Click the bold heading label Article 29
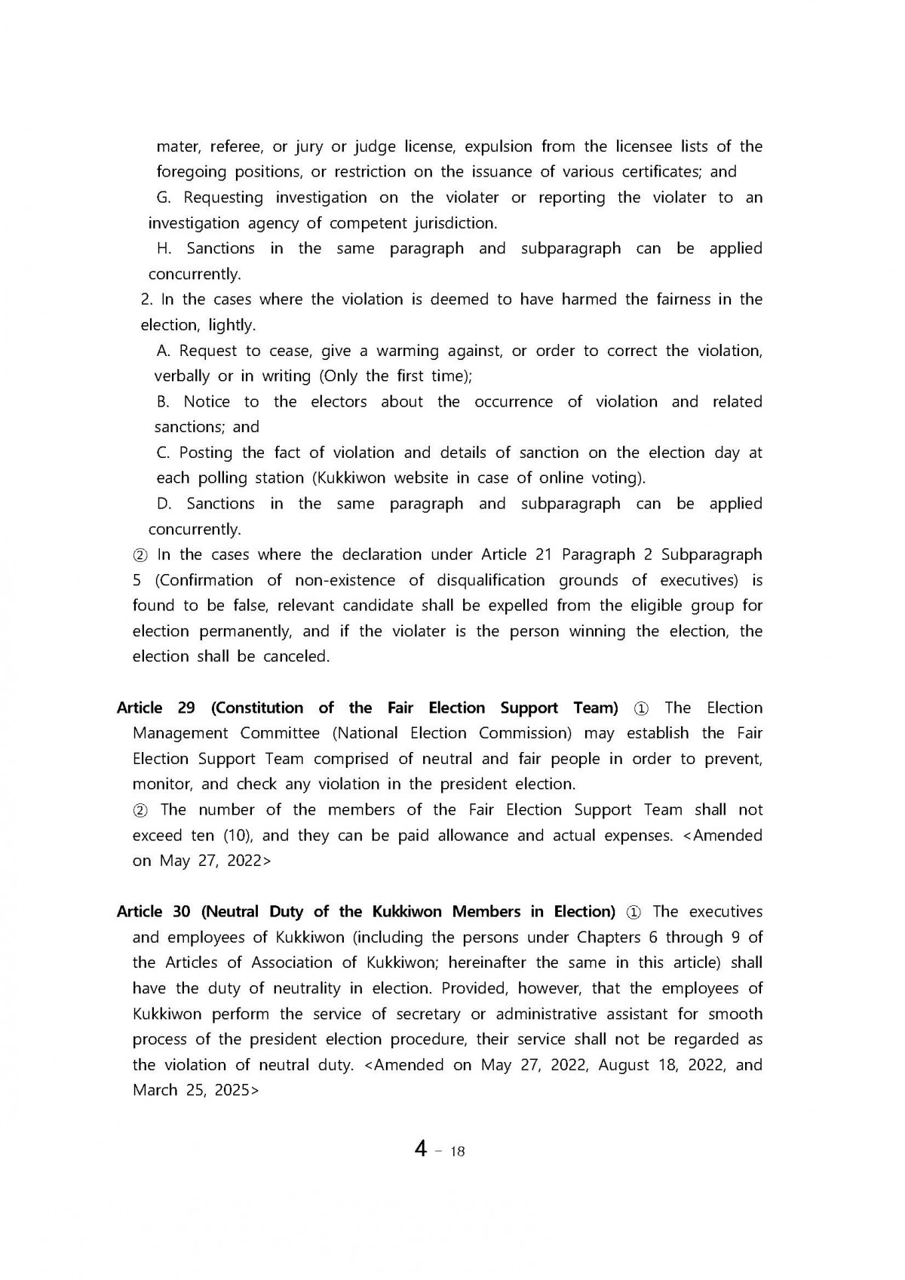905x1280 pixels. tap(155, 708)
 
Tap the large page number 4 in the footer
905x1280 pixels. tap(421, 1149)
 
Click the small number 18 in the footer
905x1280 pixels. tap(457, 1151)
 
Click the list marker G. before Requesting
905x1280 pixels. tap(164, 198)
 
